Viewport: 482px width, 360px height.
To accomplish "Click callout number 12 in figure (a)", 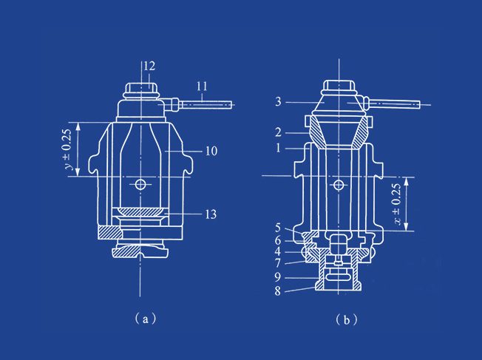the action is tap(149, 66).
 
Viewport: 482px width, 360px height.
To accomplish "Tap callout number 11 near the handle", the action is tap(202, 86).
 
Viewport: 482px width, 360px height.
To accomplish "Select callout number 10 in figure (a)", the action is tap(211, 151).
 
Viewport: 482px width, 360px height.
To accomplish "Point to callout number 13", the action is tap(211, 214).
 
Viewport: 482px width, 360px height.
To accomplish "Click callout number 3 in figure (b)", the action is tap(278, 102).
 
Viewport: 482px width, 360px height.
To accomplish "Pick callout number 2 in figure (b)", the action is tap(278, 132).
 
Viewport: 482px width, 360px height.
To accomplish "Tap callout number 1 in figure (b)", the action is tap(278, 148).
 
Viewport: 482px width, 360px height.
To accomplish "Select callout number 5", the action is tap(278, 228).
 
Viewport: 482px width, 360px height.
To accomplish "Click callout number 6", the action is tap(278, 240).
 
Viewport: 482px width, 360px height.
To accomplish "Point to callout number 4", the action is tap(278, 252).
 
